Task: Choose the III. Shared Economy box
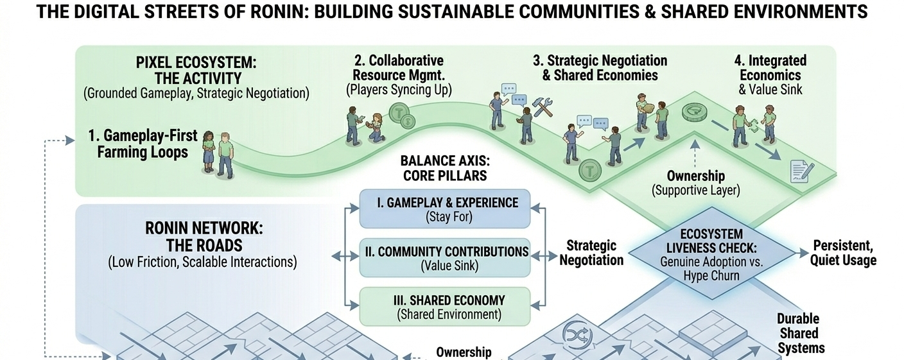(445, 307)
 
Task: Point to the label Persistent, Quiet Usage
(844, 253)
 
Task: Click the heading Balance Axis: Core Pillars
(444, 168)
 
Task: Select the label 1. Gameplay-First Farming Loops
(143, 144)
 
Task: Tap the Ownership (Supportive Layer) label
(696, 183)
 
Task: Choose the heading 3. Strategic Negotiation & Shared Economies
(600, 68)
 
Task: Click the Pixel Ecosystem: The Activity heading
(196, 71)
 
